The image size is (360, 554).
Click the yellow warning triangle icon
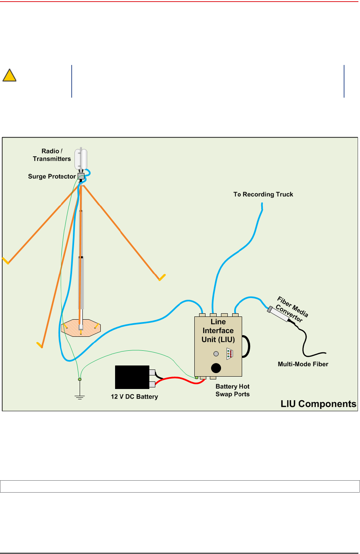(x=9, y=75)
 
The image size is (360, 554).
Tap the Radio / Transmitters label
(x=52, y=155)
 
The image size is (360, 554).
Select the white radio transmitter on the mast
(x=81, y=159)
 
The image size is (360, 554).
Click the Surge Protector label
(x=52, y=177)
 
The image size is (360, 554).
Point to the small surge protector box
(x=81, y=176)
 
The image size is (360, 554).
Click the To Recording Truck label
(x=263, y=194)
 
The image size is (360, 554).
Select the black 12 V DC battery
(x=132, y=377)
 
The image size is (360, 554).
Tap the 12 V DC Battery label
(x=134, y=397)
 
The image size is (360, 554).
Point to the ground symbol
(x=80, y=396)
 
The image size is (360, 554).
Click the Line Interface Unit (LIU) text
(x=218, y=331)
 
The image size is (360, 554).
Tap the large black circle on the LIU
(x=216, y=368)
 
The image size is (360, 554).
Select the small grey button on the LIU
(x=216, y=354)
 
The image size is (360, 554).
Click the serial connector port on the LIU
(x=230, y=354)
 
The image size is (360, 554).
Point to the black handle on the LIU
(x=247, y=346)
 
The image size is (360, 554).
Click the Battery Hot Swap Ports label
(x=233, y=391)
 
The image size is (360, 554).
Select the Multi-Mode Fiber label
(x=303, y=364)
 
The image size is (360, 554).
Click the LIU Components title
(x=318, y=404)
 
